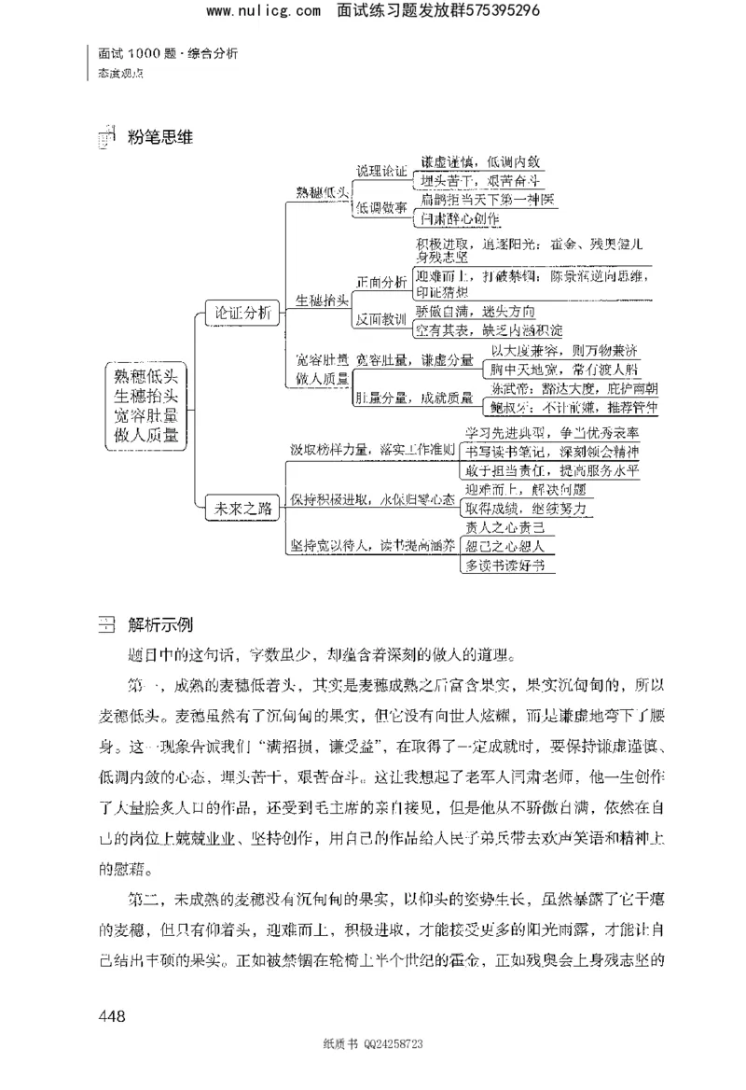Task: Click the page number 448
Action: pos(108,1015)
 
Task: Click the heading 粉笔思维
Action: pos(159,137)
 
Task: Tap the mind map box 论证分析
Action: pos(242,314)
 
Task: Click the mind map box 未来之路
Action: pos(242,509)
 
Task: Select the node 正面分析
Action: pos(381,281)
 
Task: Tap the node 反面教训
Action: pos(381,320)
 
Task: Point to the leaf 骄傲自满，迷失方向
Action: pos(476,311)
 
